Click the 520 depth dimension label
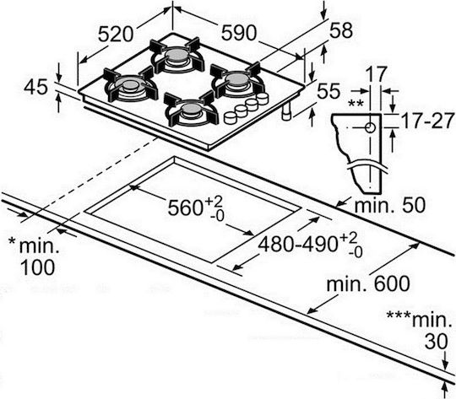coord(116,34)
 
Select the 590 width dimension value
coord(238,32)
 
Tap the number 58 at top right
coord(340,30)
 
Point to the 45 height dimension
coord(35,87)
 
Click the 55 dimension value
coord(328,90)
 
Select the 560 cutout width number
coord(185,208)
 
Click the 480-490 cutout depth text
coord(299,244)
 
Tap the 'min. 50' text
coord(389,205)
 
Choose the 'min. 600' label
coord(368,283)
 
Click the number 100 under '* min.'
coord(38,267)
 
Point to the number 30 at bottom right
coord(436,341)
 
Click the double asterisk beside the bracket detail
coord(356,104)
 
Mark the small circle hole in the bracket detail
coord(370,127)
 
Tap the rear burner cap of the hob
coord(176,54)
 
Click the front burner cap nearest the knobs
coord(191,110)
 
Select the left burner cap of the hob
coord(130,84)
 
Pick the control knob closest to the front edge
coord(231,117)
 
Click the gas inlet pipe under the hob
coord(286,111)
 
